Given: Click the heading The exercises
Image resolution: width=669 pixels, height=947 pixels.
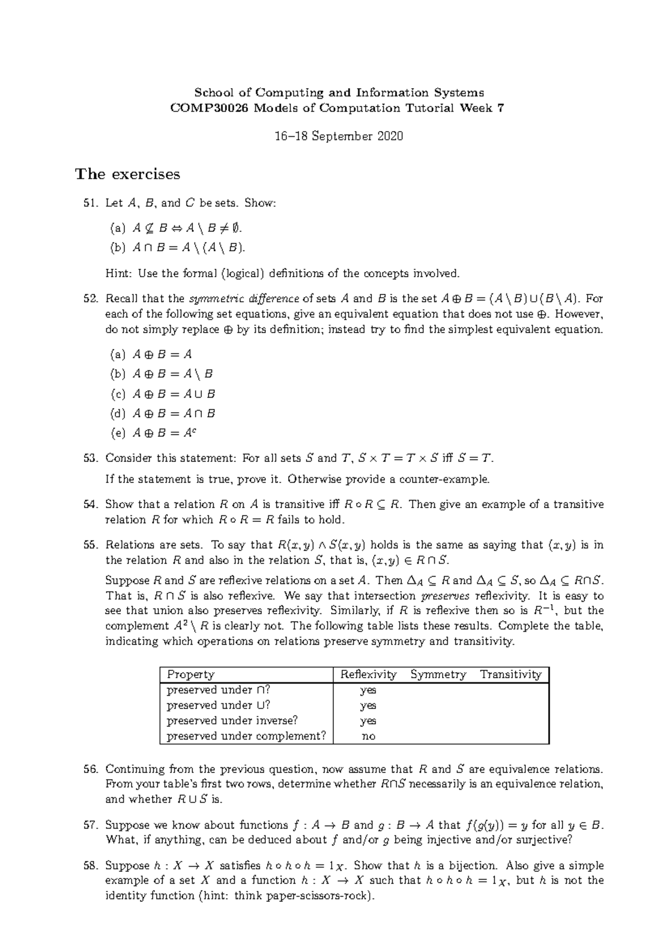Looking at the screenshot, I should pos(128,175).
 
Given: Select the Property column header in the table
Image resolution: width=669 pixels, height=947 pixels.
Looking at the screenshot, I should pos(191,675).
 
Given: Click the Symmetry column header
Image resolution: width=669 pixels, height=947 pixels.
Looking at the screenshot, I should pos(438,675).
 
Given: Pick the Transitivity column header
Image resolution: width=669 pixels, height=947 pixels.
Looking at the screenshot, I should pos(511,675).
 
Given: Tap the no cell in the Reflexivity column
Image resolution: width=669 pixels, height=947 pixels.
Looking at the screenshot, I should pos(369,736).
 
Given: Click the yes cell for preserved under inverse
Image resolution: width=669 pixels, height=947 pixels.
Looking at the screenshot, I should pos(369,721).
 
